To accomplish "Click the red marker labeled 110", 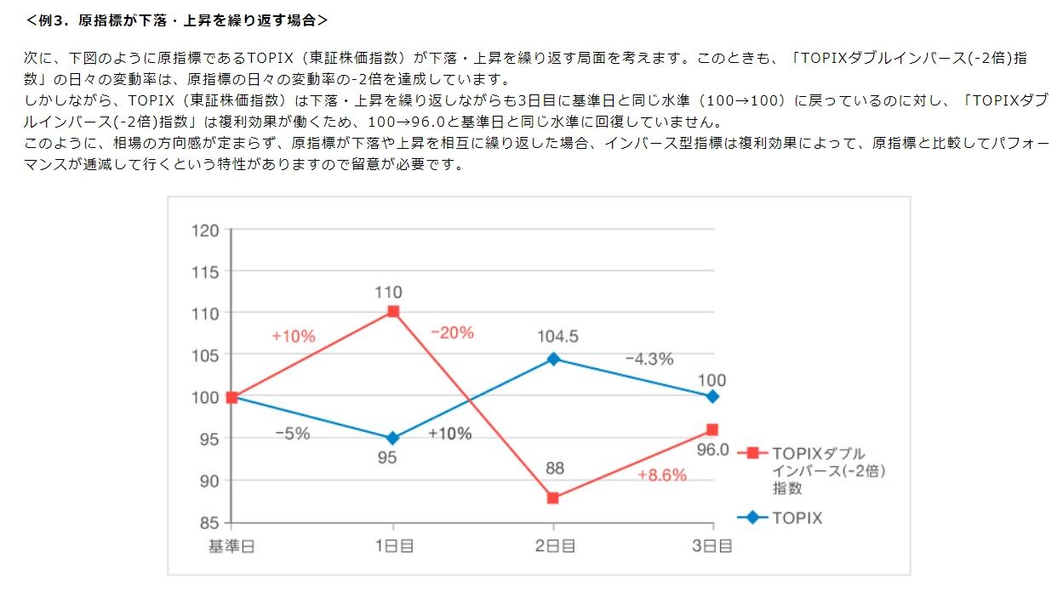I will tap(392, 312).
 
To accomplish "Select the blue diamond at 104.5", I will tap(553, 359).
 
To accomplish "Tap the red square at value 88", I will tap(553, 498).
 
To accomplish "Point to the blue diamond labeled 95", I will tap(392, 438).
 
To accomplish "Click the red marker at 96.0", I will tap(713, 430).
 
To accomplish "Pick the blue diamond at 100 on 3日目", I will tap(713, 396).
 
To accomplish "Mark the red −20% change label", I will tap(452, 333).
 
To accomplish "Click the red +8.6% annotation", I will tap(662, 475).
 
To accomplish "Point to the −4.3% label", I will tap(649, 359).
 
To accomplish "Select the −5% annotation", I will tap(292, 433).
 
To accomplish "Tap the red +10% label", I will tap(294, 336).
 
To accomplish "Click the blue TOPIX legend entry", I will tap(797, 517).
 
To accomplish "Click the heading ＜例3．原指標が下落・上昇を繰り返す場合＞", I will tap(176, 19).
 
